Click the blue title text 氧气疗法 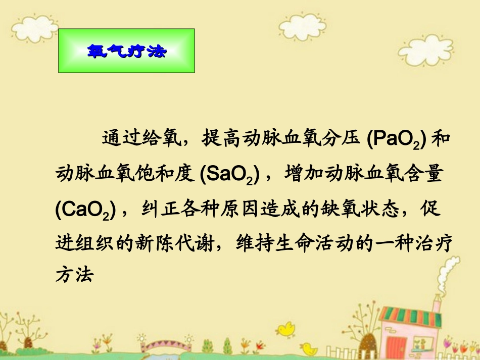(126, 51)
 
